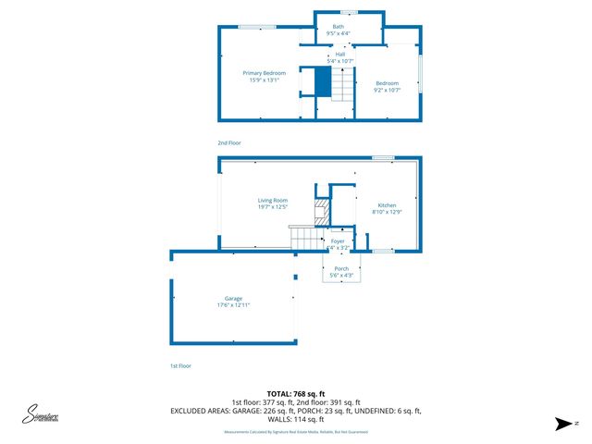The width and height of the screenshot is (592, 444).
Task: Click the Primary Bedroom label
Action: (x=265, y=73)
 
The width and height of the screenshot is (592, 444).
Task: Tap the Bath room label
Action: (x=339, y=27)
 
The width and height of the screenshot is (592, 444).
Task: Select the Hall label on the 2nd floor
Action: (x=340, y=55)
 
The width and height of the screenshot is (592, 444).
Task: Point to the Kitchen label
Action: (x=387, y=205)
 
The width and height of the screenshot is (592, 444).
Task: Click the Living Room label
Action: (x=273, y=200)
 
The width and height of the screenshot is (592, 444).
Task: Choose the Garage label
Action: (x=233, y=299)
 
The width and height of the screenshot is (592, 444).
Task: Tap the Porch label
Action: (x=341, y=268)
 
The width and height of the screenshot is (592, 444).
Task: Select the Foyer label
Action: (x=338, y=240)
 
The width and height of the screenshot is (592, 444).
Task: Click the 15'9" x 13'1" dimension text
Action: (x=265, y=80)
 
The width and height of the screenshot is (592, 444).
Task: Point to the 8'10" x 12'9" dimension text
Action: (x=387, y=213)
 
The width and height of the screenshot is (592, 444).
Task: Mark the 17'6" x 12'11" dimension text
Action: (x=233, y=305)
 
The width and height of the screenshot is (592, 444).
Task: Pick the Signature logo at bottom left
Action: (x=43, y=415)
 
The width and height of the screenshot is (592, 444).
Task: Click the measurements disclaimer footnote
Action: (x=296, y=432)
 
